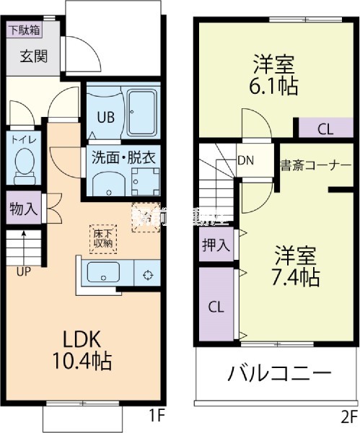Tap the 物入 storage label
click(23, 209)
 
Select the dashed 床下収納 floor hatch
click(102, 237)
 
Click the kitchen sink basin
click(103, 274)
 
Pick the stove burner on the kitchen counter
click(148, 274)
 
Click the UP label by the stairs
click(24, 271)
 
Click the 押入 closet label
click(216, 245)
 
